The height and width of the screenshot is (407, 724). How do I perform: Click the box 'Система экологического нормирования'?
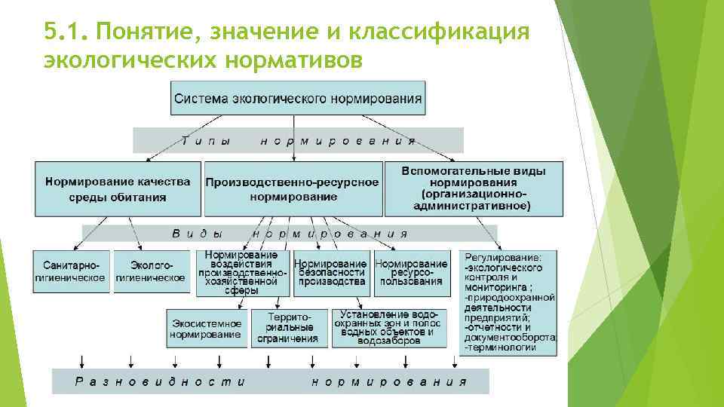pyautogui.click(x=298, y=99)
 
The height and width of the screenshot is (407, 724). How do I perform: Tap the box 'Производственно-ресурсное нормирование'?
pyautogui.click(x=292, y=188)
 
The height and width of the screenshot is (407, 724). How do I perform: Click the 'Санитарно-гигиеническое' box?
pyautogui.click(x=71, y=271)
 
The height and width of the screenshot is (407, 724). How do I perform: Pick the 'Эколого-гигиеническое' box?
pyautogui.click(x=150, y=271)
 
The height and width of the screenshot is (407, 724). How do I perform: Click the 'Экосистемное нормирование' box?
pyautogui.click(x=206, y=329)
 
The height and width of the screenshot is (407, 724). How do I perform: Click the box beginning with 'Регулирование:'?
pyautogui.click(x=510, y=302)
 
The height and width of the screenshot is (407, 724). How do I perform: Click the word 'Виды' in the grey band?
pyautogui.click(x=198, y=234)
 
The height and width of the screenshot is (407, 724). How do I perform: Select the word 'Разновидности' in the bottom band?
pyautogui.click(x=160, y=381)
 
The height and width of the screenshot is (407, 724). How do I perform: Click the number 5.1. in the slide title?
pyautogui.click(x=66, y=32)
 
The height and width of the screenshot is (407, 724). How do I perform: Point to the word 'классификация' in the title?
pyautogui.click(x=445, y=32)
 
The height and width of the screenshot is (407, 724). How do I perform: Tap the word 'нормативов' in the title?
pyautogui.click(x=302, y=59)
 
